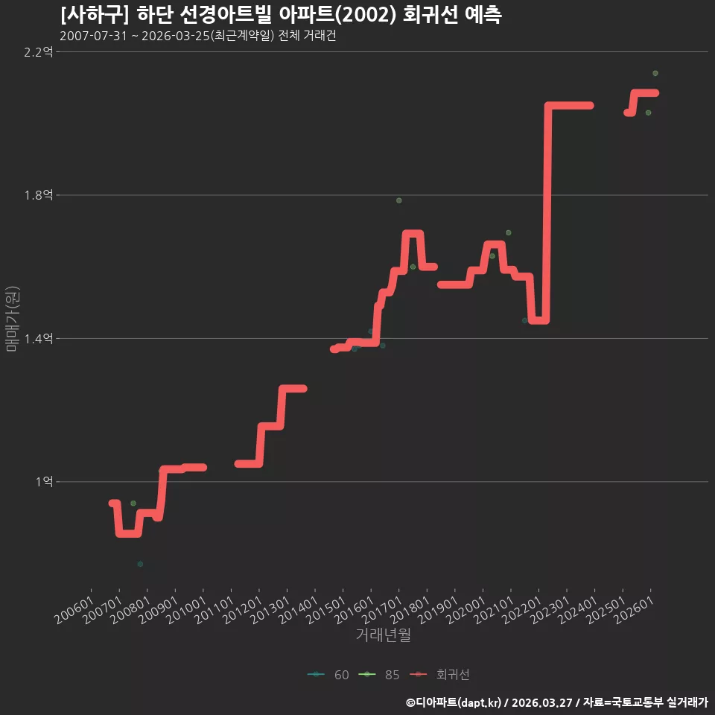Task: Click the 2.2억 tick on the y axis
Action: click(x=38, y=52)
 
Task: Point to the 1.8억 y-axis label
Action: click(x=38, y=195)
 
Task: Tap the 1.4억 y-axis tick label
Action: click(x=38, y=338)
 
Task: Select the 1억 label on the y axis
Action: click(x=44, y=482)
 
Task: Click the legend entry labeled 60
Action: click(x=328, y=675)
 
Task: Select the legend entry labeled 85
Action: click(x=379, y=675)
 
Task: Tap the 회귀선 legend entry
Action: click(x=439, y=675)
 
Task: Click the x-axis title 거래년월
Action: click(x=383, y=635)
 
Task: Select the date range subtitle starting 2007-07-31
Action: click(x=198, y=36)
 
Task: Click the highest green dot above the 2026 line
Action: click(x=655, y=73)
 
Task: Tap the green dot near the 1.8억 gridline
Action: click(x=399, y=200)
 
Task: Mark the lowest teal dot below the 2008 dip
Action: click(x=140, y=564)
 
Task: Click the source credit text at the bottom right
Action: click(x=557, y=702)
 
